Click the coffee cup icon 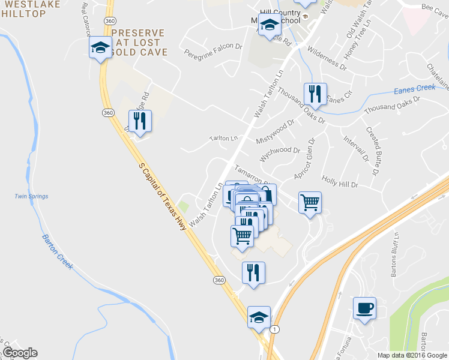click(x=364, y=308)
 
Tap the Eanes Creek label click(x=414, y=89)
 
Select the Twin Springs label click(x=31, y=196)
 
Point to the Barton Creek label click(x=58, y=252)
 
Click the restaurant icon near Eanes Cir click(x=315, y=94)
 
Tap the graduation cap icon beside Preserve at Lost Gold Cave click(x=100, y=48)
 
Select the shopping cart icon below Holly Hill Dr click(x=310, y=203)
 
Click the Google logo click(x=20, y=353)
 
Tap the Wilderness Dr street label click(x=327, y=59)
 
